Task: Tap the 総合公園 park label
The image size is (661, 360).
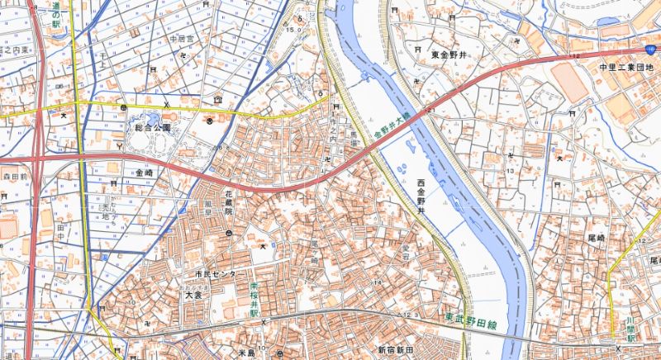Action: pyautogui.click(x=154, y=128)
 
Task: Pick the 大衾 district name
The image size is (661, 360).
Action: pyautogui.click(x=193, y=293)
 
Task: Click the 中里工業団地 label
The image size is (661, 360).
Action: pyautogui.click(x=626, y=67)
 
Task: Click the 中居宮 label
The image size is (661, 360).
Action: pyautogui.click(x=180, y=39)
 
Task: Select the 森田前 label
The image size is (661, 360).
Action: pyautogui.click(x=15, y=177)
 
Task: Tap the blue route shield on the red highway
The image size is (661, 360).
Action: pyautogui.click(x=651, y=50)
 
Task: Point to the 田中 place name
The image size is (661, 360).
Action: pyautogui.click(x=59, y=234)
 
